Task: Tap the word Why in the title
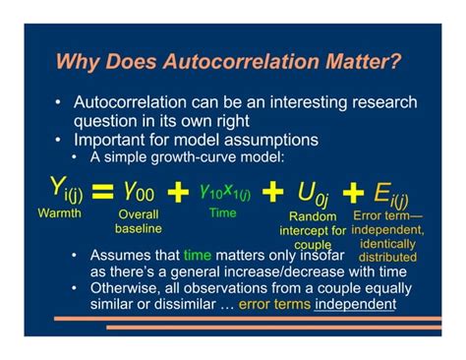[x=77, y=62]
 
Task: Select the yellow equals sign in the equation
[x=101, y=192]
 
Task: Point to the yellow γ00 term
[x=137, y=190]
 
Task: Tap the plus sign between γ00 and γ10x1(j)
[x=177, y=192]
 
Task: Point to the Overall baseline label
[x=138, y=220]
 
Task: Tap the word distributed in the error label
[x=386, y=258]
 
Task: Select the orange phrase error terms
[x=275, y=304]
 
